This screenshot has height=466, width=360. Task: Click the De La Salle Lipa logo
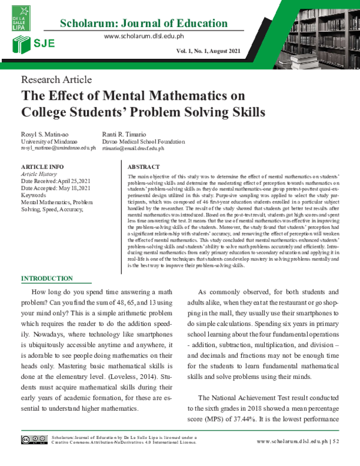click(x=18, y=19)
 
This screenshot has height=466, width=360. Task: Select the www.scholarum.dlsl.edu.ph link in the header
click(x=143, y=37)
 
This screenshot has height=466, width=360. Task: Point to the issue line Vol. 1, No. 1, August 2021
click(x=208, y=51)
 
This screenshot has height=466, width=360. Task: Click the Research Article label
click(x=56, y=79)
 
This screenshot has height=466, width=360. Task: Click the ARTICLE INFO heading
click(x=43, y=166)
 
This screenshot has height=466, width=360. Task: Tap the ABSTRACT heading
click(x=144, y=166)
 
